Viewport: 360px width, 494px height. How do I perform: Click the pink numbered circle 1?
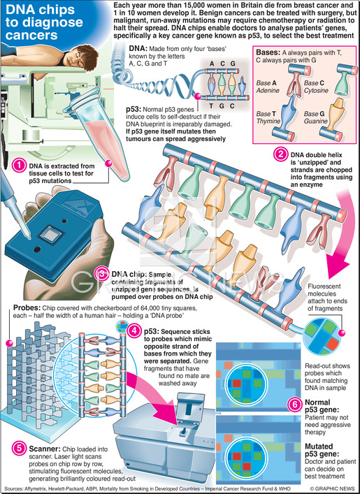pyautogui.click(x=20, y=166)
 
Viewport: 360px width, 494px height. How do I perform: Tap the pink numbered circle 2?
pyautogui.click(x=280, y=154)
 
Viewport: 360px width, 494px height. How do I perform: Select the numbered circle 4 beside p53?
pyautogui.click(x=135, y=331)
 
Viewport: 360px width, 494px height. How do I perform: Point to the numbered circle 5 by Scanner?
pyautogui.click(x=20, y=449)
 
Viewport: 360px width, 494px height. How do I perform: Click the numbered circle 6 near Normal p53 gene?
pyautogui.click(x=295, y=404)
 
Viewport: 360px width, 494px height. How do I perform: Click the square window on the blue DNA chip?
pyautogui.click(x=50, y=235)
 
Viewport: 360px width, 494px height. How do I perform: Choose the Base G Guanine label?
pyautogui.click(x=315, y=117)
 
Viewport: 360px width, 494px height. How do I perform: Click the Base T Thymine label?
pyautogui.click(x=268, y=117)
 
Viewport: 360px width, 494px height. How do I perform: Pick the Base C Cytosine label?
pyautogui.click(x=316, y=87)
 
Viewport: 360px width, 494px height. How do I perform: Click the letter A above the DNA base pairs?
pyautogui.click(x=212, y=64)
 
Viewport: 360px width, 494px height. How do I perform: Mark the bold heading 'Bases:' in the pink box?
pyautogui.click(x=268, y=52)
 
